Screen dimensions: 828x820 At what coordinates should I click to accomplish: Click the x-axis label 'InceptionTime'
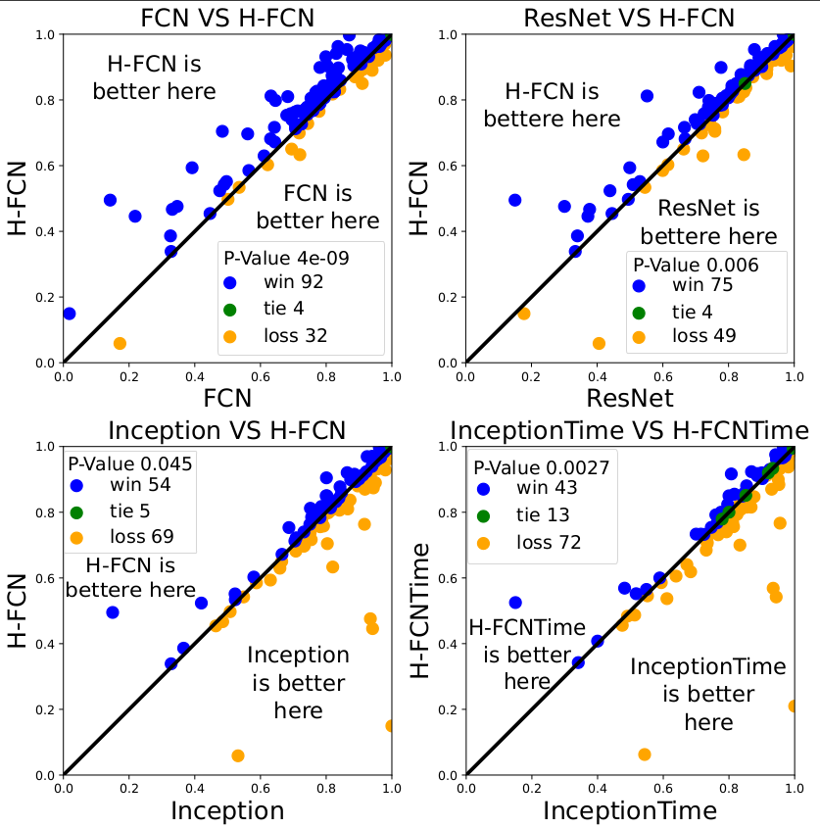pyautogui.click(x=630, y=810)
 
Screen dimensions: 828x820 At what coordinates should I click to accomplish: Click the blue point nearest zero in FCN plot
pyautogui.click(x=69, y=314)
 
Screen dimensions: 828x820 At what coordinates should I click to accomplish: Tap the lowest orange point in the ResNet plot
pyautogui.click(x=599, y=343)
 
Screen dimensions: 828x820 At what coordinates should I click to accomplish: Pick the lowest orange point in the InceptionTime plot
pyautogui.click(x=645, y=755)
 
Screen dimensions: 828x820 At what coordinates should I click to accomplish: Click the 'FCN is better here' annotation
pyautogui.click(x=318, y=206)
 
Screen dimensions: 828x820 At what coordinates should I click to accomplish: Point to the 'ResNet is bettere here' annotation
pyautogui.click(x=708, y=222)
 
